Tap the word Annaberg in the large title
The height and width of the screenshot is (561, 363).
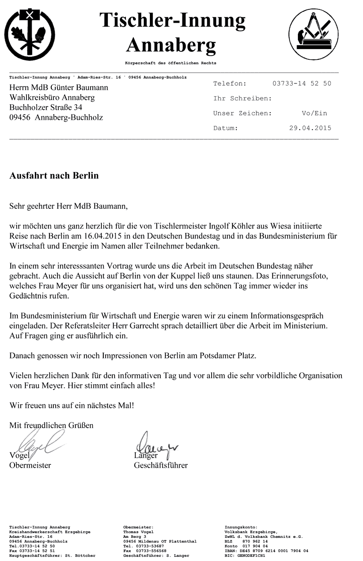pyautogui.click(x=172, y=45)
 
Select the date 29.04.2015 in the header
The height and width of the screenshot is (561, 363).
pyautogui.click(x=310, y=128)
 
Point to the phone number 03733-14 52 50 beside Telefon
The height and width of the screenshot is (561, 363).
pyautogui.click(x=302, y=83)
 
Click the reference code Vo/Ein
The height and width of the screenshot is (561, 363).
pyautogui.click(x=314, y=113)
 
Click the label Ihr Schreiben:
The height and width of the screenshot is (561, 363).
pyautogui.click(x=242, y=99)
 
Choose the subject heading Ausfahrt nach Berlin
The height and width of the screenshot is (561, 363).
pyautogui.click(x=54, y=176)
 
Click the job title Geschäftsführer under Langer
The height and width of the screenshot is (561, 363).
pyautogui.click(x=161, y=465)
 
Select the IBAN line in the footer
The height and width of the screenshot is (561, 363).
pyautogui.click(x=266, y=551)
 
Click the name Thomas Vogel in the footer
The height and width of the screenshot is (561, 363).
pyautogui.click(x=138, y=532)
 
